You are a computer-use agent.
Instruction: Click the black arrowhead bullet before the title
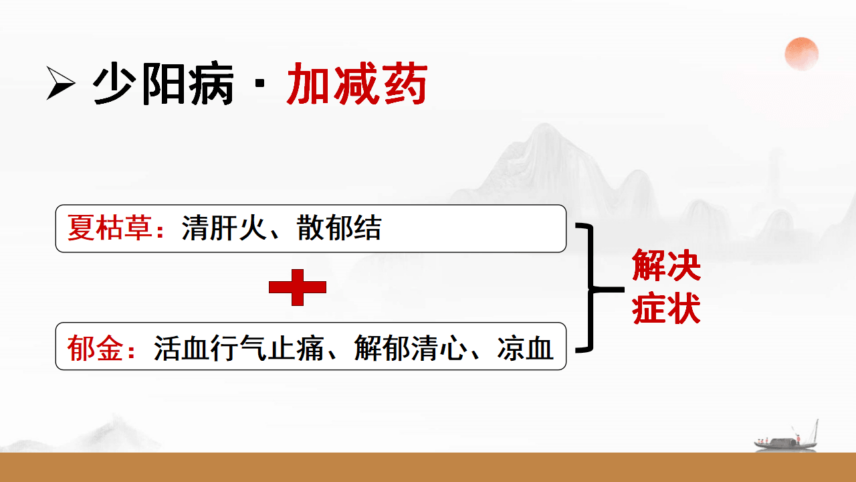click(x=60, y=83)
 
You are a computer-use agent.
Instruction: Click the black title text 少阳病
click(x=163, y=83)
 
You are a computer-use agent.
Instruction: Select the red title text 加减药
click(x=357, y=83)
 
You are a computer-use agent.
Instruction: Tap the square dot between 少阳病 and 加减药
click(x=260, y=84)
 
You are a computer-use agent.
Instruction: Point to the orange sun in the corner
click(x=801, y=54)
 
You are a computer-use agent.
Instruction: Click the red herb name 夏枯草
click(x=110, y=228)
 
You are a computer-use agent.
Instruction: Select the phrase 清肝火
click(x=224, y=228)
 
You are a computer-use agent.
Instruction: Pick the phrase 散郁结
click(x=339, y=228)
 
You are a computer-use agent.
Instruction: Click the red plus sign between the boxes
click(x=298, y=287)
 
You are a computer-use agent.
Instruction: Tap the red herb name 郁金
click(x=95, y=348)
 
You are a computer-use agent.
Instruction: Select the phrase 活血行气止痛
click(x=239, y=348)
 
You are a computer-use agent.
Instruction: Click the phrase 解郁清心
click(x=411, y=348)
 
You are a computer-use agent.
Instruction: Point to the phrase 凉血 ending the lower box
click(x=526, y=348)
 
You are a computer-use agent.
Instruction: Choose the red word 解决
click(x=666, y=265)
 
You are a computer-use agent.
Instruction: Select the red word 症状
click(x=666, y=309)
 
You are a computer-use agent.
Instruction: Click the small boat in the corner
click(x=786, y=439)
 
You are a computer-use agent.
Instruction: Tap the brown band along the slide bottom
click(x=428, y=467)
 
